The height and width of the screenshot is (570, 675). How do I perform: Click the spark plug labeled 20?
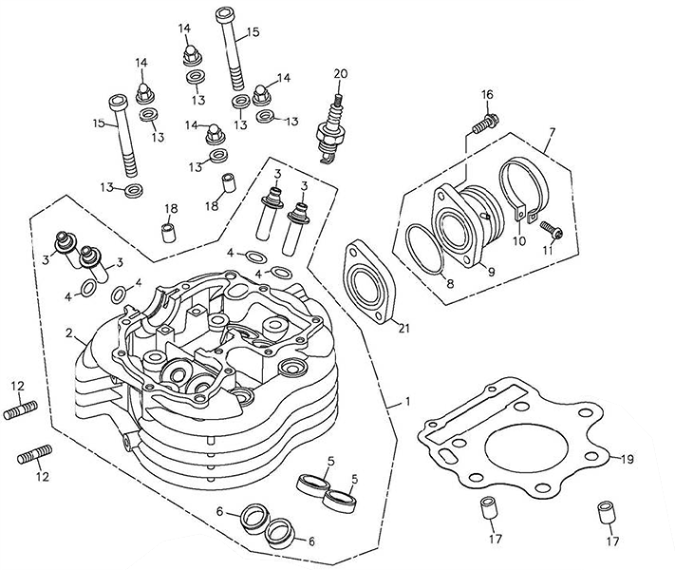tap(331, 128)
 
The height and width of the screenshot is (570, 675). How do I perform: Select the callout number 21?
tap(403, 329)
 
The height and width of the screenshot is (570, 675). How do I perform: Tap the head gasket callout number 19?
tap(628, 459)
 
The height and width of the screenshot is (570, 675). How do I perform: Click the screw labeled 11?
tap(552, 229)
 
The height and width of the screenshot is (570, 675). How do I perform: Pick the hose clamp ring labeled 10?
tap(524, 190)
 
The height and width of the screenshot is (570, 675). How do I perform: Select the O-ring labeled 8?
tap(425, 249)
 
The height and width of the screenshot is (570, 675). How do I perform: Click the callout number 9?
tap(491, 271)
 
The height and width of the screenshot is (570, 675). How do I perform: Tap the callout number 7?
tap(552, 131)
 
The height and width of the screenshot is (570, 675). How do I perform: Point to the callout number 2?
tap(68, 333)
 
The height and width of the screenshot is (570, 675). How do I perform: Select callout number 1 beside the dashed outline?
tap(407, 402)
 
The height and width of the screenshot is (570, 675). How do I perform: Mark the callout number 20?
tap(340, 74)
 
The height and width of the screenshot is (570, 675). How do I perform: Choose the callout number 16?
tap(487, 94)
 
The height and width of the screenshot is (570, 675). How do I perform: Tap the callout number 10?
tap(519, 241)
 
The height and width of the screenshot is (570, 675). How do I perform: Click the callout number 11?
tap(547, 250)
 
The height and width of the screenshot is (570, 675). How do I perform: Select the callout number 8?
tap(450, 283)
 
